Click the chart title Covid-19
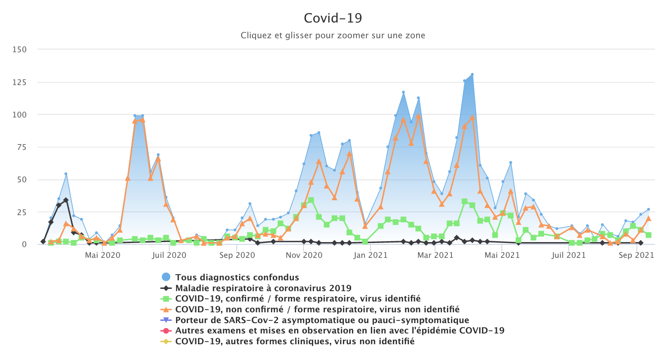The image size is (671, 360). pos(333,18)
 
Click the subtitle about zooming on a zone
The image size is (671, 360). pos(333,35)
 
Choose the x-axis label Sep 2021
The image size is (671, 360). pos(636,256)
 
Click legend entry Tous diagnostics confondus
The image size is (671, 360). pos(237,277)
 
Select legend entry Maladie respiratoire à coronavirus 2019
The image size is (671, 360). pos(263,288)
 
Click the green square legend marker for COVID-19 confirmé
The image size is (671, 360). pos(167,299)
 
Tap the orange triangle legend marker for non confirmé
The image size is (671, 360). pos(167,309)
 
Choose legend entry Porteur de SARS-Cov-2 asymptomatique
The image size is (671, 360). pos(322,320)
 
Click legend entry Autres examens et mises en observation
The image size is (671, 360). pos(339,331)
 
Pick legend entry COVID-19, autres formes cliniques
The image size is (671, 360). pos(295,342)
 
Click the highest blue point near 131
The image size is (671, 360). pos(472,74)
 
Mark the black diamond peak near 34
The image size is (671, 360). pos(66,200)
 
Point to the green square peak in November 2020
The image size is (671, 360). pos(311,200)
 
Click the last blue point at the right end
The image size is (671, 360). pos(648,209)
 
